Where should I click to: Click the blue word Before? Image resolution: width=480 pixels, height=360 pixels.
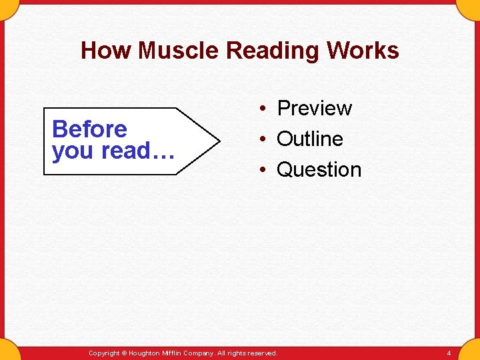click(89, 129)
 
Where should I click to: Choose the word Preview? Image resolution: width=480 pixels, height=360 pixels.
click(314, 108)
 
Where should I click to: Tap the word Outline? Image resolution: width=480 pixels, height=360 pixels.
click(309, 139)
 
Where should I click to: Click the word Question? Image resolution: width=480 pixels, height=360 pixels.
click(319, 169)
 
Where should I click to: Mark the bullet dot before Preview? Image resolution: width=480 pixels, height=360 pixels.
click(264, 109)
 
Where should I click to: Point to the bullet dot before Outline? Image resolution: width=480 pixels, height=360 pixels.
click(264, 139)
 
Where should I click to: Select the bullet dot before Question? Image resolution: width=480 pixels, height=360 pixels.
click(264, 170)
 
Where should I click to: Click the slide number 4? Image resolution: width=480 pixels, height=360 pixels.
click(449, 353)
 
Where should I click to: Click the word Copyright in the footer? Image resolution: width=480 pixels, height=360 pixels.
click(103, 353)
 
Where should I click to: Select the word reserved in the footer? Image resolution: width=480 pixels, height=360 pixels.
click(261, 353)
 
